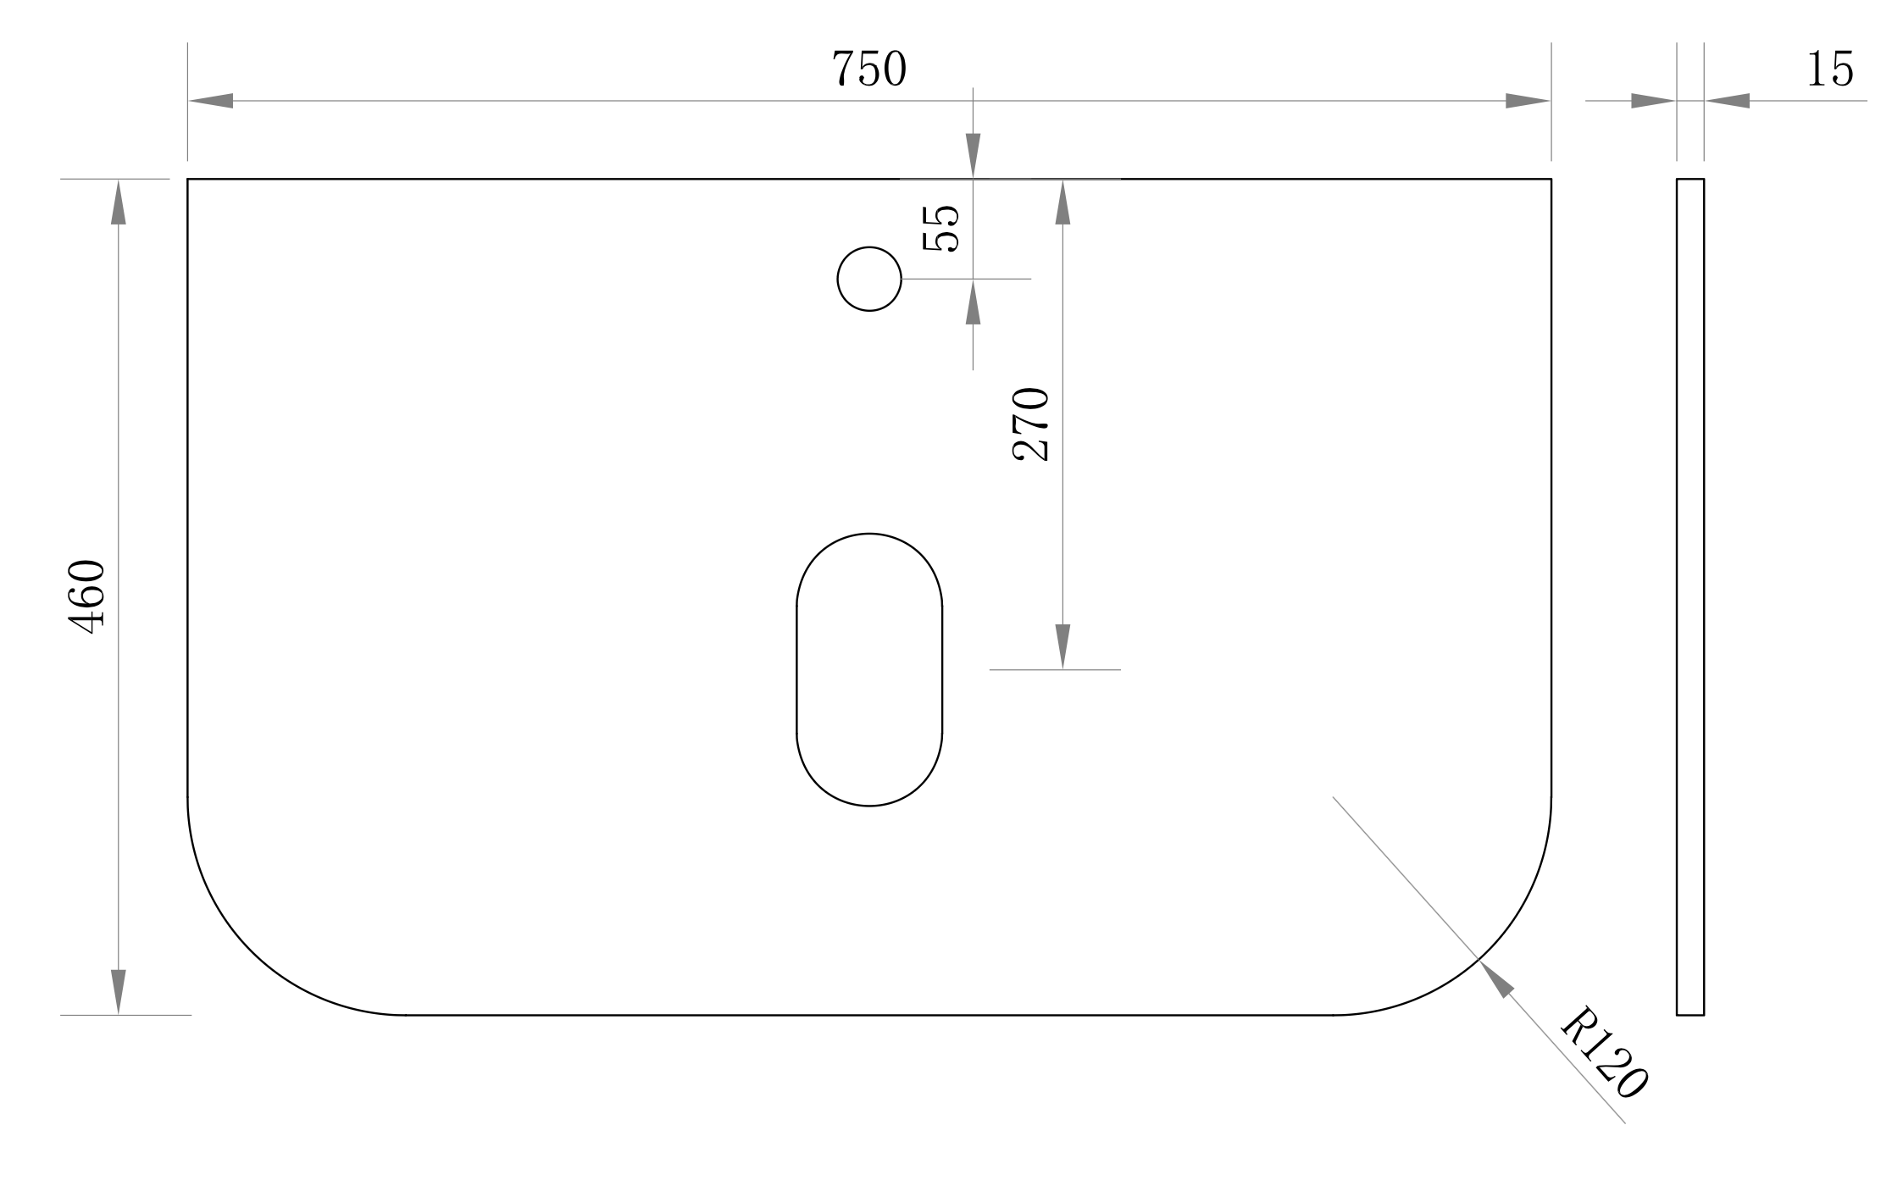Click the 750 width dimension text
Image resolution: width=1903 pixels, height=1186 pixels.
pyautogui.click(x=868, y=69)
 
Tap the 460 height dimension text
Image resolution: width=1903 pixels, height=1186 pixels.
pyautogui.click(x=86, y=596)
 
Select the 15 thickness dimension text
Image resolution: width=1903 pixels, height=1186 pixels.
pyautogui.click(x=1830, y=69)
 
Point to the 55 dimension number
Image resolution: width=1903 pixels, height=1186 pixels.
pyautogui.click(x=940, y=229)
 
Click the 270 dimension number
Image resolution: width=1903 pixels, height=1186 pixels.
pyautogui.click(x=1031, y=424)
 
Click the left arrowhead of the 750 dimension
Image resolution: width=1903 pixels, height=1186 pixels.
pyautogui.click(x=210, y=101)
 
